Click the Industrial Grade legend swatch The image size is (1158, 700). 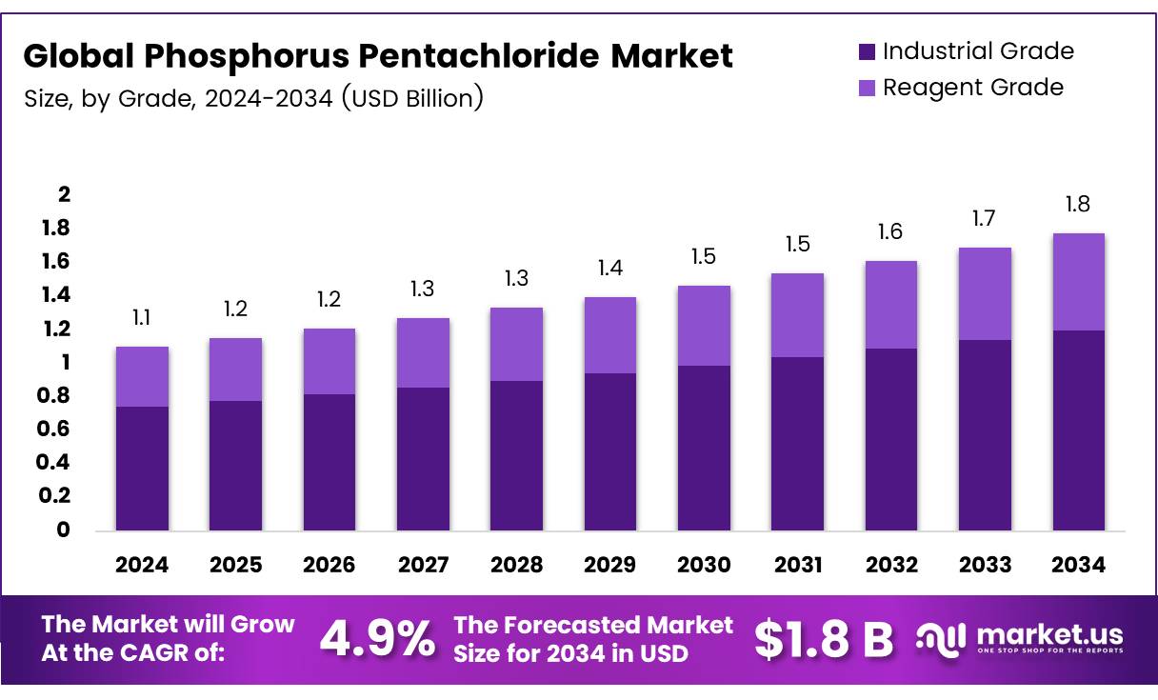(866, 51)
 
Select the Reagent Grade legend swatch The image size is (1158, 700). (866, 88)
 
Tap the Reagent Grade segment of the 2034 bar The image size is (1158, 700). (1079, 282)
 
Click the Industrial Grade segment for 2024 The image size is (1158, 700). (142, 468)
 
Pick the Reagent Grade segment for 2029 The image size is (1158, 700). (610, 335)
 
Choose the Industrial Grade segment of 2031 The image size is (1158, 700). (798, 443)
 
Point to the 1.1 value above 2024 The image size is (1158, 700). (142, 317)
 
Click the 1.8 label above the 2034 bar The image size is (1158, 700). (1079, 204)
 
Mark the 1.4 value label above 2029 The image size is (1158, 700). (610, 268)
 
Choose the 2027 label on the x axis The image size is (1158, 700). (423, 565)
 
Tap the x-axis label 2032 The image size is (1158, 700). (891, 565)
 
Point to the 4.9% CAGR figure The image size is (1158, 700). (376, 639)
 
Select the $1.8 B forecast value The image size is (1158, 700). (824, 639)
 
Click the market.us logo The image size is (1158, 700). (1020, 638)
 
